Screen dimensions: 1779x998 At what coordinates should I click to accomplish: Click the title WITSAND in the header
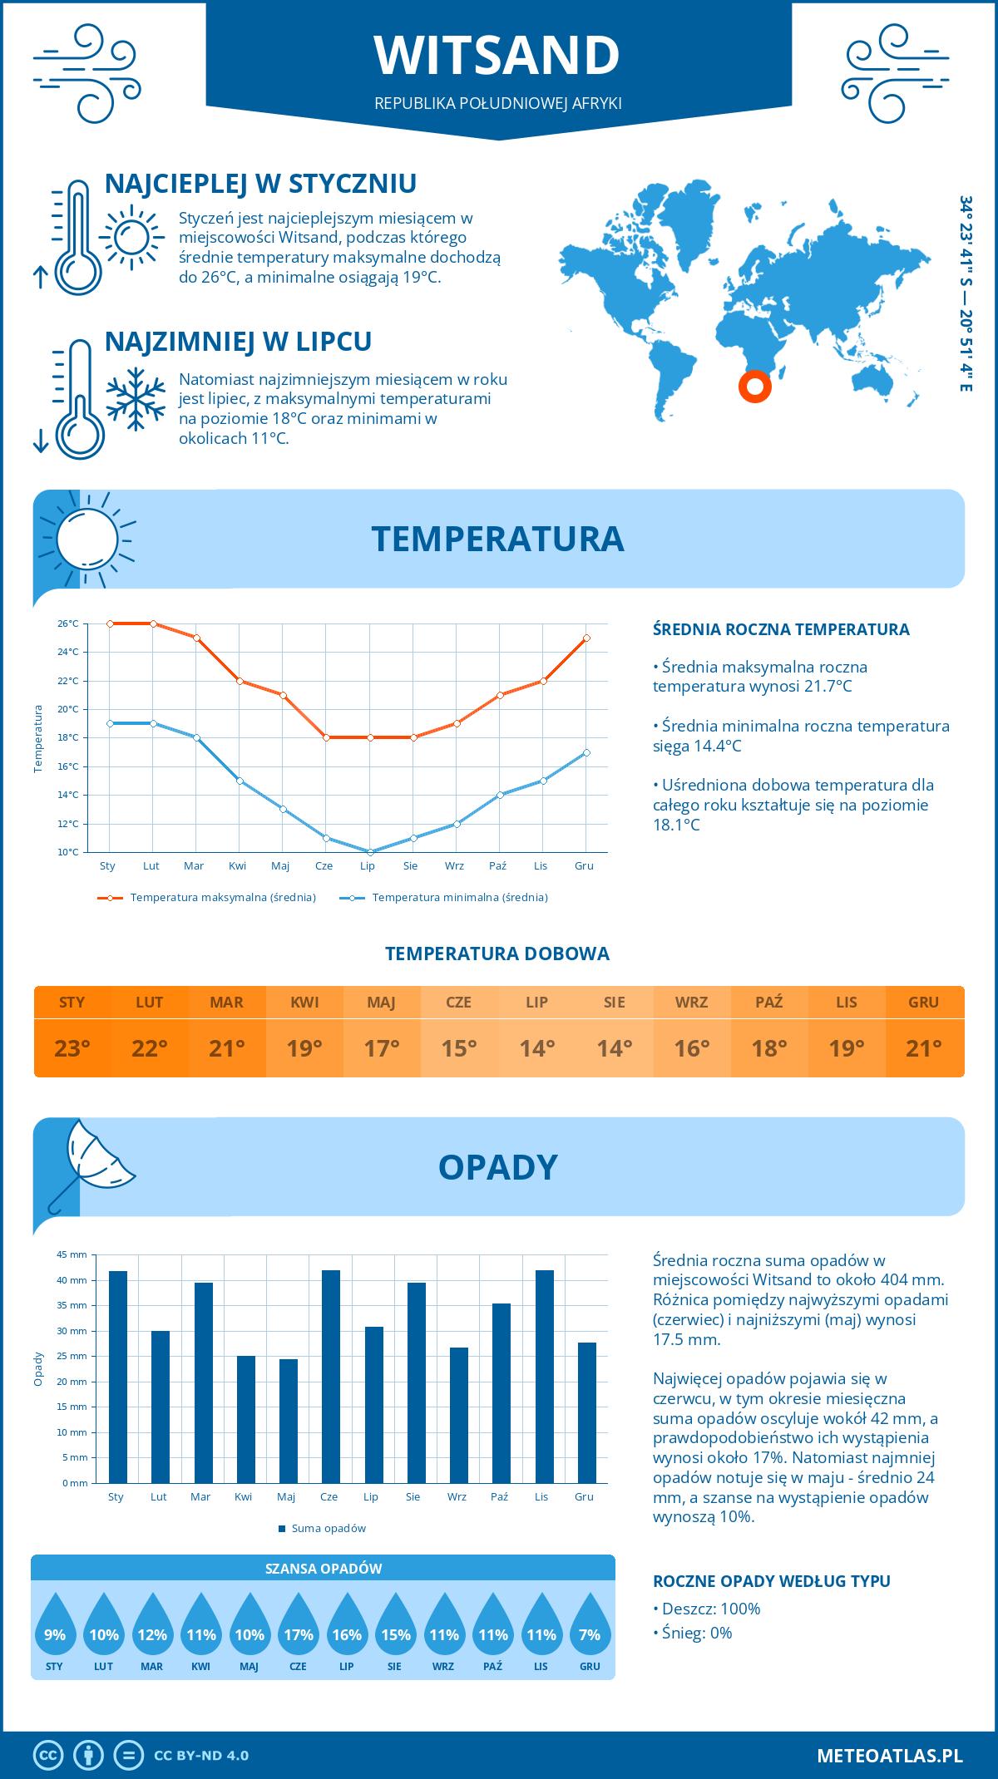497,56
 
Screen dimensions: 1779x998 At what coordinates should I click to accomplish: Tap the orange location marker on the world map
755,387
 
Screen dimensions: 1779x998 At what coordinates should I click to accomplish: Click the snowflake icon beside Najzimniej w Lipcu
136,399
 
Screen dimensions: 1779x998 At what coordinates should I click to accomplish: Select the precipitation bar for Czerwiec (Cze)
331,1376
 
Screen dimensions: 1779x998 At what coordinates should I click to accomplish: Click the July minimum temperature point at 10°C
370,852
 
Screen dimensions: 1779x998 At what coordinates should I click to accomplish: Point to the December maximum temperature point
586,638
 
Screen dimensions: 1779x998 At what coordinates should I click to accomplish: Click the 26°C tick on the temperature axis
68,623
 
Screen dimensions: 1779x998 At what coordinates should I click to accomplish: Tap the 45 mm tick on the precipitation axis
72,1254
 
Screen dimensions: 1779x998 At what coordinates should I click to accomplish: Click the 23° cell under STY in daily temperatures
72,1048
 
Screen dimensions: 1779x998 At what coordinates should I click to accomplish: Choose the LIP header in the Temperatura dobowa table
536,1003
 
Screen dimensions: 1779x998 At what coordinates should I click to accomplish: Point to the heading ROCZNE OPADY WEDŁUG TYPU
771,1581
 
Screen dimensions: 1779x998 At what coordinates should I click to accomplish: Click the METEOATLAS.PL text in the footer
889,1756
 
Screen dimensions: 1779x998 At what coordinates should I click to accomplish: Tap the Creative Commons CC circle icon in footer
48,1756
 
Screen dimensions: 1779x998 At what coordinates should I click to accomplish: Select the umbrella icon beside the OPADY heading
90,1164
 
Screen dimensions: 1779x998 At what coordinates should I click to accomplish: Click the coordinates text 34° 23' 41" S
966,241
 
